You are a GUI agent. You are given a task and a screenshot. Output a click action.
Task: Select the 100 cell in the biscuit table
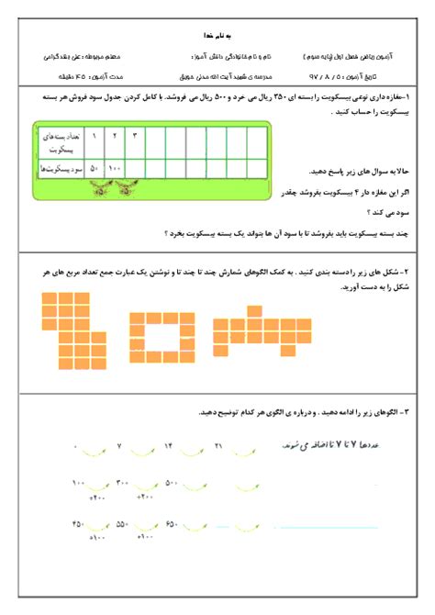pyautogui.click(x=114, y=169)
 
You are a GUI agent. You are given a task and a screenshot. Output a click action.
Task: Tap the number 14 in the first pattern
pyautogui.click(x=168, y=445)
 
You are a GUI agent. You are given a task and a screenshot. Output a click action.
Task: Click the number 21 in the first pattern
pyautogui.click(x=218, y=445)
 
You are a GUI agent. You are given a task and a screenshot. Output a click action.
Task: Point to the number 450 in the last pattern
pyautogui.click(x=76, y=524)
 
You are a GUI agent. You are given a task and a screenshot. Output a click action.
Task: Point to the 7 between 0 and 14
pyautogui.click(x=119, y=445)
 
